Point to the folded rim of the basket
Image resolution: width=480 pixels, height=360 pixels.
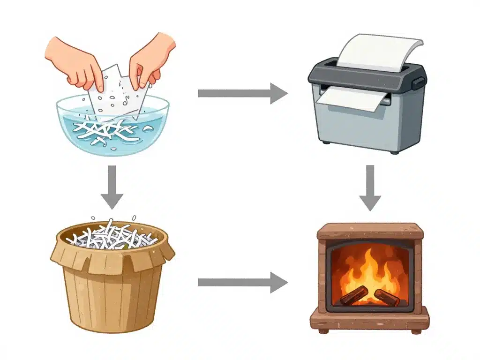112,258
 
